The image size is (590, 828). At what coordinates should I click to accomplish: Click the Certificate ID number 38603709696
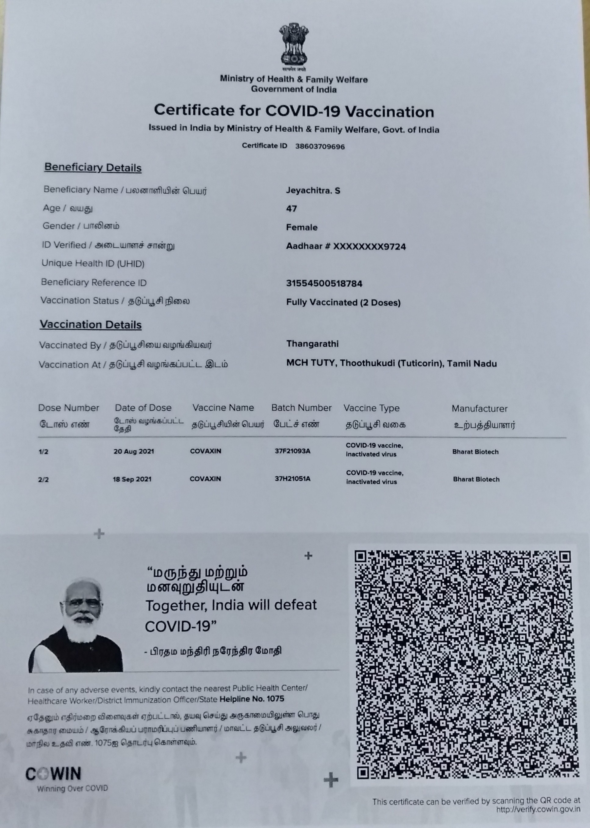pos(320,147)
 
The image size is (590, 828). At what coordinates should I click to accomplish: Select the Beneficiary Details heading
pos(93,168)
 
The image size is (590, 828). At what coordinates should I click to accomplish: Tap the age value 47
pos(291,209)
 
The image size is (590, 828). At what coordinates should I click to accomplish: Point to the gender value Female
pos(302,228)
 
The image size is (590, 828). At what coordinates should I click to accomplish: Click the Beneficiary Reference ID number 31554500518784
pos(324,284)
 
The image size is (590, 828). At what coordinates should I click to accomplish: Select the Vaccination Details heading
pos(91,324)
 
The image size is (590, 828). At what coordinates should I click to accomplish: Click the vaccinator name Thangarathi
pos(312,344)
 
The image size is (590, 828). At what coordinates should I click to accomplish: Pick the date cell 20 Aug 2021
pos(134,451)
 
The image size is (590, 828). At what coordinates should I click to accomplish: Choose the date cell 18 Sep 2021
pos(132,479)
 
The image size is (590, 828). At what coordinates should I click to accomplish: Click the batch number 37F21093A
pos(292,451)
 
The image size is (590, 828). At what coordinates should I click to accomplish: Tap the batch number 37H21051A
pos(292,479)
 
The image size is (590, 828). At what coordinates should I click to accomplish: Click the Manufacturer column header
pos(479,409)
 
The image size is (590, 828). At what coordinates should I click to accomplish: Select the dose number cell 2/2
pos(43,479)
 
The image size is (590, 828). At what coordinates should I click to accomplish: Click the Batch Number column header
pos(301,408)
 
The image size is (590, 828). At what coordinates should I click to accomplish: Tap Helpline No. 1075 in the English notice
pos(252,699)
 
